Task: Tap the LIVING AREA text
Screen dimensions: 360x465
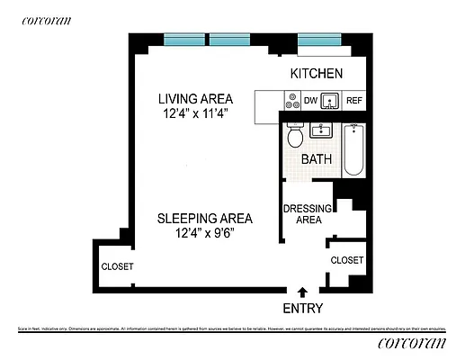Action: tap(196, 98)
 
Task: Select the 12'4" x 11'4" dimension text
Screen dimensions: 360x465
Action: tap(196, 114)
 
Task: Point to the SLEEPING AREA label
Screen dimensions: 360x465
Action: tap(204, 218)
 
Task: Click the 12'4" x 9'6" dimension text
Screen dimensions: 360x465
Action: tap(204, 234)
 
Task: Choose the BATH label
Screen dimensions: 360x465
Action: tap(316, 159)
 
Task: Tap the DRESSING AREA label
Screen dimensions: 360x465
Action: tap(309, 213)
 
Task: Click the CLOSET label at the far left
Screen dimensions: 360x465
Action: tap(117, 267)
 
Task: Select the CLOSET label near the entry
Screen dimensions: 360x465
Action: tap(346, 260)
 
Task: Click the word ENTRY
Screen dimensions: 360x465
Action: tap(302, 308)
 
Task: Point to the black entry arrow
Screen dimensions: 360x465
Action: tap(302, 292)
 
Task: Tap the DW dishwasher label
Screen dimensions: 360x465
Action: tap(309, 101)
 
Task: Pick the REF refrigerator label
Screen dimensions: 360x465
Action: tap(354, 101)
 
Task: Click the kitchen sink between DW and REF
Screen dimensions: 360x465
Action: tap(331, 101)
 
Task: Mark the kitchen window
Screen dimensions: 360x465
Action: tap(321, 40)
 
